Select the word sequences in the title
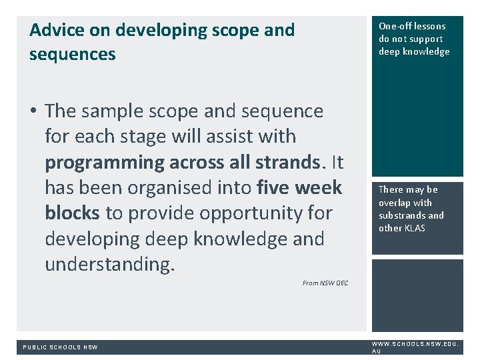[72, 55]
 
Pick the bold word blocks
[72, 213]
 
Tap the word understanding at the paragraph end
[109, 264]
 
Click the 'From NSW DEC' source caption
[325, 283]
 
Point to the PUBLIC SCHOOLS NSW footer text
[60, 347]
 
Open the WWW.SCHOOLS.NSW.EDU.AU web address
[414, 347]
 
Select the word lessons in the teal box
[430, 26]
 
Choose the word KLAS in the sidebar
[415, 228]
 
